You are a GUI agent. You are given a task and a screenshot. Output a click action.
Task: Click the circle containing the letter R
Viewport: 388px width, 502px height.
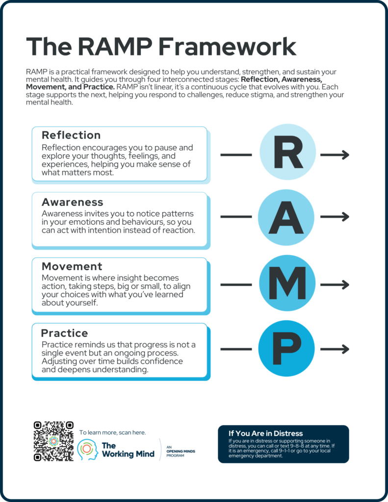(287, 154)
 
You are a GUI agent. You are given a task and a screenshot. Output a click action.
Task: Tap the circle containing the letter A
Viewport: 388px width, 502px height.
(286, 217)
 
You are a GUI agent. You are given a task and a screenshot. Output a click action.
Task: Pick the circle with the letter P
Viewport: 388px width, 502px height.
(287, 349)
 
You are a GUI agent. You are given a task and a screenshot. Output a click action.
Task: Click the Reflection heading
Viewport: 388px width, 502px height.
(71, 135)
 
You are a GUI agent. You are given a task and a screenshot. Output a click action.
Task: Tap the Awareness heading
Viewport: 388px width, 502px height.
(73, 202)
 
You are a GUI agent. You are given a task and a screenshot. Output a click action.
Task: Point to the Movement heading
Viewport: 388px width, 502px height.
(72, 267)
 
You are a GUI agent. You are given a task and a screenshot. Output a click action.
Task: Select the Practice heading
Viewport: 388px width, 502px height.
(65, 333)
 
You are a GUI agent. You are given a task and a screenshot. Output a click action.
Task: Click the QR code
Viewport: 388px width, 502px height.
(53, 441)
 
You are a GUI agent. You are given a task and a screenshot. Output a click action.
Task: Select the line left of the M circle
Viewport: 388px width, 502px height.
(236, 284)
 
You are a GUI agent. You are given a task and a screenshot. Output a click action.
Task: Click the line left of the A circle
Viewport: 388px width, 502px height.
(236, 217)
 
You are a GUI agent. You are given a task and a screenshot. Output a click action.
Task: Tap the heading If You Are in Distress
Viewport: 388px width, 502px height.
(265, 433)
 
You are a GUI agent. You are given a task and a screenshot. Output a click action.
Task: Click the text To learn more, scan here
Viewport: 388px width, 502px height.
(112, 432)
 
